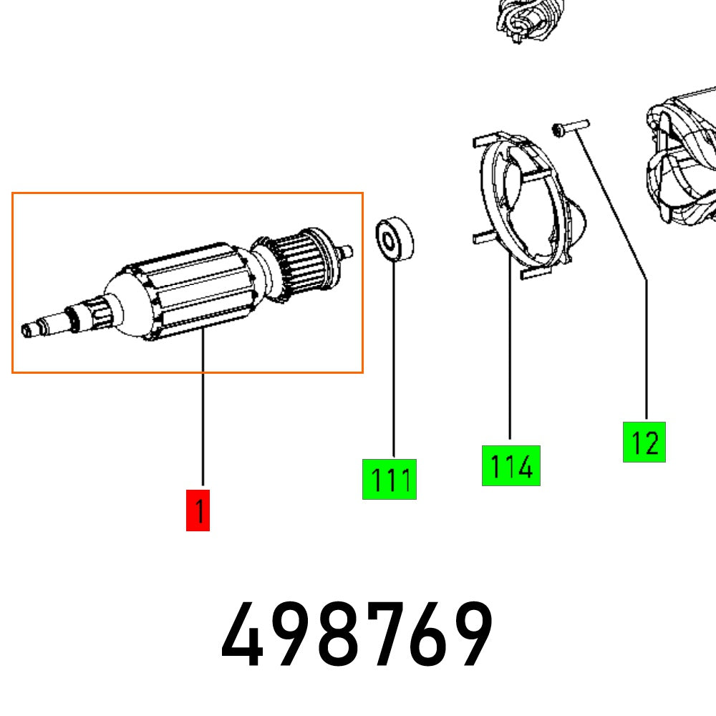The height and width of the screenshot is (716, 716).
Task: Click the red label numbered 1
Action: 198,511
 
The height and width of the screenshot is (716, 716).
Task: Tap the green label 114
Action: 511,465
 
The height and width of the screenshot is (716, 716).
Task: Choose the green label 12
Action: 644,442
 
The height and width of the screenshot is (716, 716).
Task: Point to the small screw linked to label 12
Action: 569,128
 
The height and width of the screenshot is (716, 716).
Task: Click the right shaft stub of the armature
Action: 347,251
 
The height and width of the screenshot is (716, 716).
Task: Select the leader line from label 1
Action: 203,415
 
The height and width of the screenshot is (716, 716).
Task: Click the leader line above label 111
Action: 393,358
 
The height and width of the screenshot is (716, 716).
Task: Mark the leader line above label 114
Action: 510,358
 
